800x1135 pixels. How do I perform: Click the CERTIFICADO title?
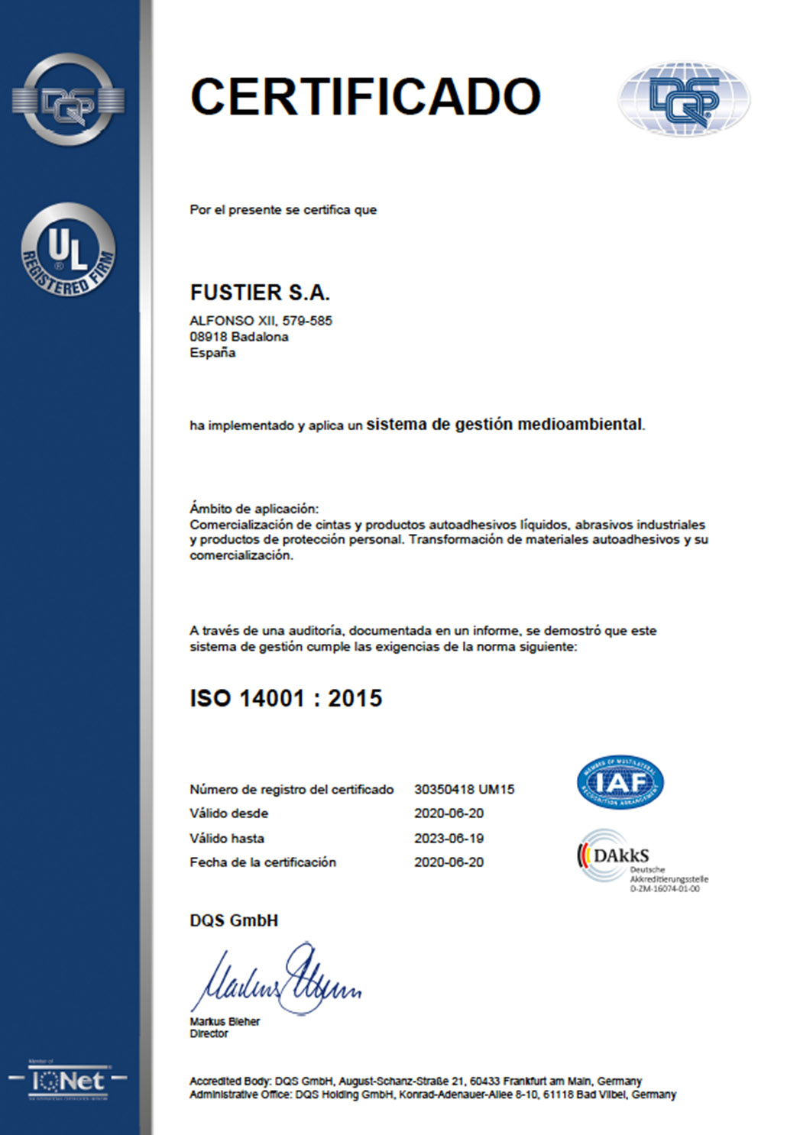[365, 97]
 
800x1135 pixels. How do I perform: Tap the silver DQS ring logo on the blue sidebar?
[68, 99]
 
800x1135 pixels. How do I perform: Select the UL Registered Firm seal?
[68, 251]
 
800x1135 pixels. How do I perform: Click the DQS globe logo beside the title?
[684, 99]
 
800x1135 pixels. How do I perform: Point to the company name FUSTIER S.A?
[260, 293]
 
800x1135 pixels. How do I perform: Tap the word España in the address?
[212, 353]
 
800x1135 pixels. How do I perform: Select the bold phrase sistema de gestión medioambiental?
[505, 425]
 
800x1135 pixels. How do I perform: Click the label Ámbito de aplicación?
[254, 509]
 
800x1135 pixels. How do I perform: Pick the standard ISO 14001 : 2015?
[286, 698]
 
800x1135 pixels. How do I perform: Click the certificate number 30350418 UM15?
[465, 789]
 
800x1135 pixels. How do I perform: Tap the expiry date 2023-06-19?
[449, 838]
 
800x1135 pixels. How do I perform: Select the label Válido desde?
[229, 813]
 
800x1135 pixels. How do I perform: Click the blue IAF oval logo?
[620, 782]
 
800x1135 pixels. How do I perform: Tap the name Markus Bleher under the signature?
[225, 1021]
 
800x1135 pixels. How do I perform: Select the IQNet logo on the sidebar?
[67, 1080]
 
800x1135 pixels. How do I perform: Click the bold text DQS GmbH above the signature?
[234, 920]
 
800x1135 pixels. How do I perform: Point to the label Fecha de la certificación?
[263, 862]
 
